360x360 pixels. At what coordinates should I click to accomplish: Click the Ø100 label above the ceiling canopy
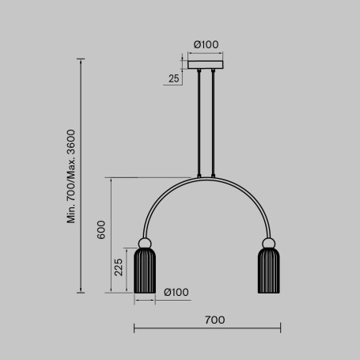[x=207, y=44]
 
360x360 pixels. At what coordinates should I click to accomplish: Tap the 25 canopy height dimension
[x=173, y=78]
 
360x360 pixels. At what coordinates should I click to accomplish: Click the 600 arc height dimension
[x=100, y=229]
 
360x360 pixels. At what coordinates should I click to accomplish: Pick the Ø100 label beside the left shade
[x=176, y=293]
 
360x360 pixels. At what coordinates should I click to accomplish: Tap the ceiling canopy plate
[x=207, y=64]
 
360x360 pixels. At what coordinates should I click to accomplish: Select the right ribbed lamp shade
[x=269, y=270]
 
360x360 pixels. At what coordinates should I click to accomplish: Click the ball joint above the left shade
[x=145, y=243]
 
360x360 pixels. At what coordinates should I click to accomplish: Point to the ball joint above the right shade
[x=269, y=243]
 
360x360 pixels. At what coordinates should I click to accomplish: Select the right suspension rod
[x=214, y=123]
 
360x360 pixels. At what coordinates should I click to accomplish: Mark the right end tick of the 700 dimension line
[x=281, y=328]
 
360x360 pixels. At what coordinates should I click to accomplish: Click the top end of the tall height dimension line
[x=82, y=59]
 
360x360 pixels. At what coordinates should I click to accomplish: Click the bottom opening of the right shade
[x=269, y=290]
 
